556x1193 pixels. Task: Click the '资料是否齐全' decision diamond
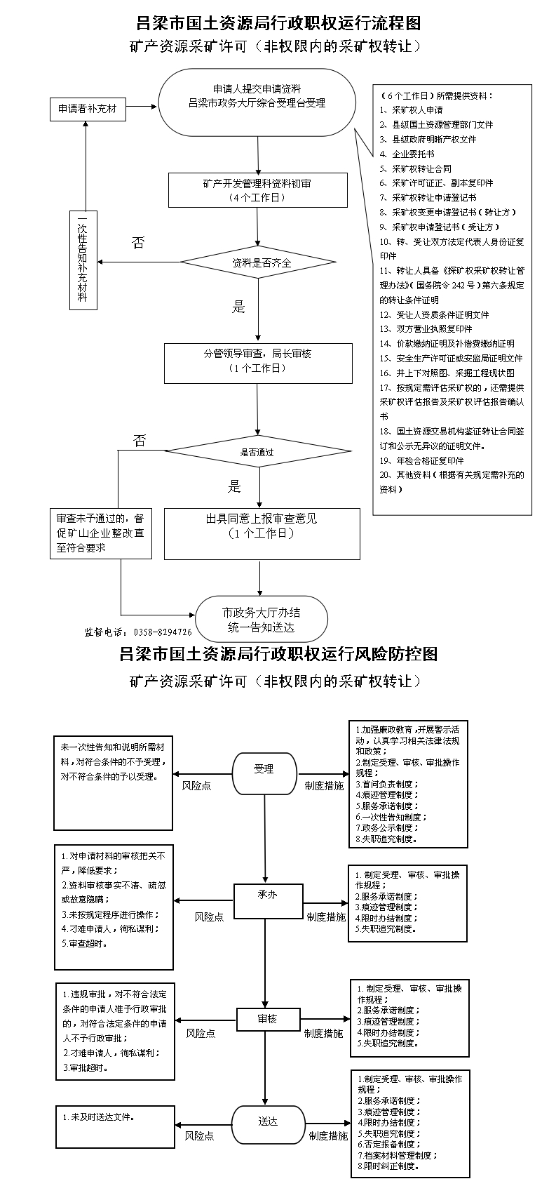click(x=259, y=262)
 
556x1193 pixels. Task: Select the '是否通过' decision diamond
click(x=259, y=452)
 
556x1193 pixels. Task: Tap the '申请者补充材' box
click(x=88, y=109)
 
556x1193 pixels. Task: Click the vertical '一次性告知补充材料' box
click(x=83, y=260)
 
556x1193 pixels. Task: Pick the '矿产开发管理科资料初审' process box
click(x=258, y=190)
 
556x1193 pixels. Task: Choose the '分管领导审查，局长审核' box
click(x=258, y=364)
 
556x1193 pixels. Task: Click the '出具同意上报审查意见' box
click(x=262, y=533)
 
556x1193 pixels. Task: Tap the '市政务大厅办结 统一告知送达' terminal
click(x=262, y=619)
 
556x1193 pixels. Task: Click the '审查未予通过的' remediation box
click(x=100, y=533)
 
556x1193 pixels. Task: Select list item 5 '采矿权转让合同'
click(x=416, y=169)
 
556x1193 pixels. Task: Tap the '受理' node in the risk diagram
click(x=264, y=774)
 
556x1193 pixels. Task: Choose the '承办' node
click(x=268, y=901)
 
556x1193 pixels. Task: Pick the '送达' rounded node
click(x=268, y=1121)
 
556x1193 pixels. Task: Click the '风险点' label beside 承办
click(x=209, y=917)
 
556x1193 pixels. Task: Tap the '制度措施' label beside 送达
click(x=328, y=1136)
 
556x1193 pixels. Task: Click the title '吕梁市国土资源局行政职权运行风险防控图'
click(x=278, y=653)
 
